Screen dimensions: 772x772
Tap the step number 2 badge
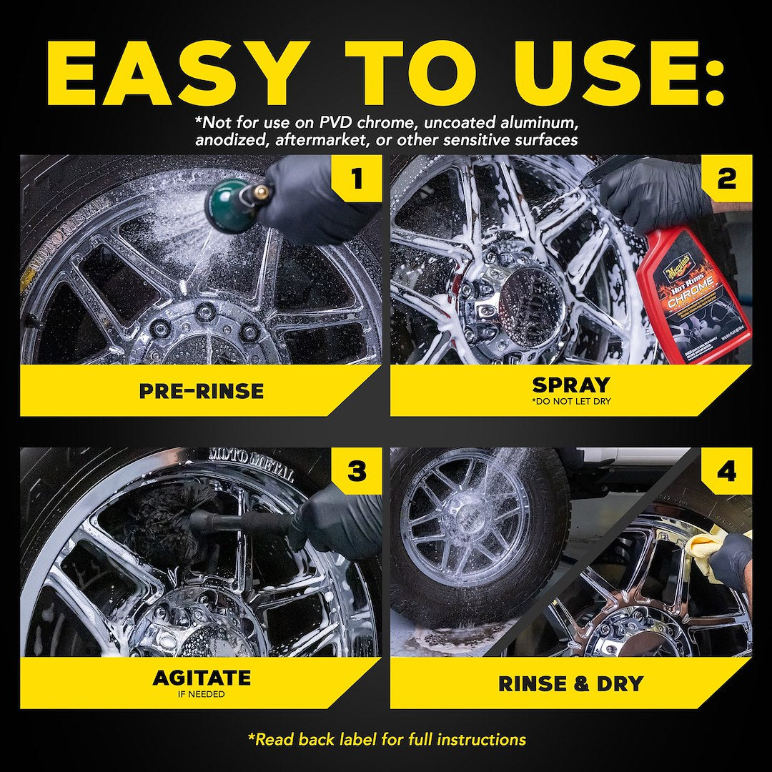pos(726,179)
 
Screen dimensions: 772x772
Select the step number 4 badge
pos(726,472)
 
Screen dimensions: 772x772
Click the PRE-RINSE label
pos(201,391)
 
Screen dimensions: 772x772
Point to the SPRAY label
pos(570,385)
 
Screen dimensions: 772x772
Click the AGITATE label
pos(201,678)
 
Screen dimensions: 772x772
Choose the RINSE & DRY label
pos(570,683)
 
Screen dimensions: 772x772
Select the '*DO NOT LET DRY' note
pos(570,402)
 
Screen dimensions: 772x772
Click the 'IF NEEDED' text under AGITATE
pos(201,693)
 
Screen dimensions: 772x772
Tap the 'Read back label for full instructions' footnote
pos(386,739)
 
